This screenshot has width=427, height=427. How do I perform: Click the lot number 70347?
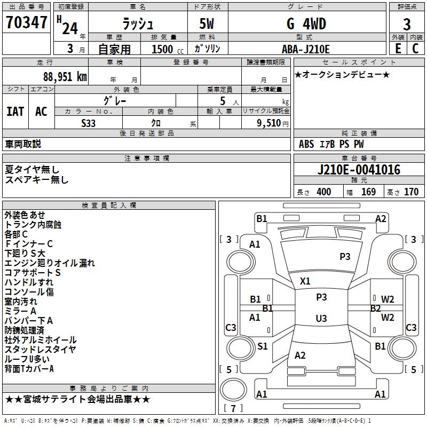pyautogui.click(x=26, y=23)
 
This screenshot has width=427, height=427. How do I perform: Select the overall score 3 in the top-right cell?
pyautogui.click(x=407, y=24)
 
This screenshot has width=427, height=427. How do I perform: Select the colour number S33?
pyautogui.click(x=89, y=123)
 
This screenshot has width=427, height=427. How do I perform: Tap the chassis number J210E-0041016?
pyautogui.click(x=359, y=170)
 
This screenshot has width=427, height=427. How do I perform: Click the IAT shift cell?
pyautogui.click(x=15, y=112)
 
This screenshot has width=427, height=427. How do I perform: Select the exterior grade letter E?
pyautogui.click(x=398, y=49)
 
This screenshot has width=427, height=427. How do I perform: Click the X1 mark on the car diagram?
pyautogui.click(x=305, y=281)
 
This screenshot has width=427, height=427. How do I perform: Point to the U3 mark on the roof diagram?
pyautogui.click(x=321, y=319)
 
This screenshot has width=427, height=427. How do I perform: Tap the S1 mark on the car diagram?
pyautogui.click(x=262, y=346)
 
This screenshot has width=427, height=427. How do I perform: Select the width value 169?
pyautogui.click(x=369, y=192)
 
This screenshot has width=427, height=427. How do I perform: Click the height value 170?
pyautogui.click(x=411, y=192)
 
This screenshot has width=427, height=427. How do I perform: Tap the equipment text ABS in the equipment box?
pyautogui.click(x=306, y=144)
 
